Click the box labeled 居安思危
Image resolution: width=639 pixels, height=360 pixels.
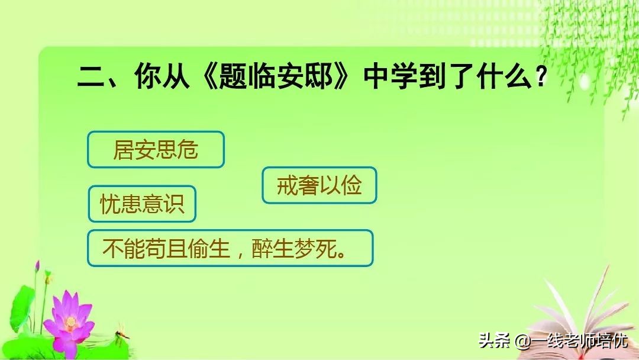click(x=156, y=150)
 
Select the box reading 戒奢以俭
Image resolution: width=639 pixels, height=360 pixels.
click(x=319, y=185)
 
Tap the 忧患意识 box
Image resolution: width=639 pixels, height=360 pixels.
click(x=142, y=204)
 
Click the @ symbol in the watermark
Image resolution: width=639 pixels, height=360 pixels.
click(x=521, y=342)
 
